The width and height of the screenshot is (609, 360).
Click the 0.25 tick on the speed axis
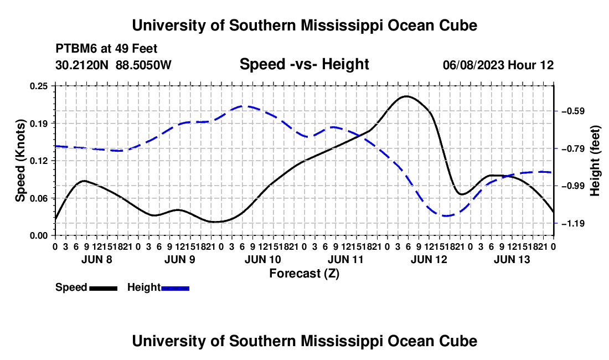39,86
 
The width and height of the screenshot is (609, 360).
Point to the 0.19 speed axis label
39,124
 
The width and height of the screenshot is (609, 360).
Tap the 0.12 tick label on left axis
39,161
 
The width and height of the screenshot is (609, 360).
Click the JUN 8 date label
97,259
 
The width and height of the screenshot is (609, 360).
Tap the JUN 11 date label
345,259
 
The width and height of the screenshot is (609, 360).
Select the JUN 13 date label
512,259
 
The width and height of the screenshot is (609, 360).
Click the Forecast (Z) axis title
304,274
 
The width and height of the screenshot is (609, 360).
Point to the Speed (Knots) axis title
20,161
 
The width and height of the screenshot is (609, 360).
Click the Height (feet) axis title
595,161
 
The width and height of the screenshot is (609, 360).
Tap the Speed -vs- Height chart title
304,64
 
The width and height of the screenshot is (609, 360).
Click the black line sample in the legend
104,288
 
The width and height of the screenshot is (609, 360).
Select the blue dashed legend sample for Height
175,288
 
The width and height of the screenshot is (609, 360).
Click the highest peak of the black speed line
406,96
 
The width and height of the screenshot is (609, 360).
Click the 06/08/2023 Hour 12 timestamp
498,65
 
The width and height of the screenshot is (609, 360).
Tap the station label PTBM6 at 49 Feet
106,49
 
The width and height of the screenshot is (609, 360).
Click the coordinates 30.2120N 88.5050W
113,65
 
